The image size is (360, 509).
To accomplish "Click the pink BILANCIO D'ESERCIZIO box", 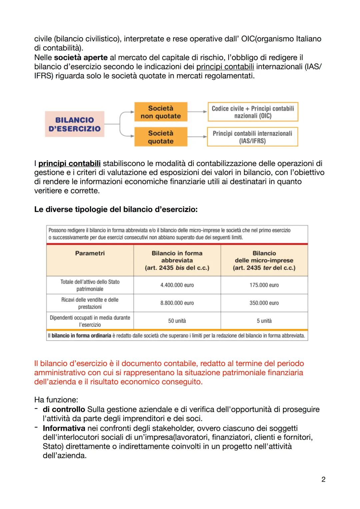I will tap(74, 124).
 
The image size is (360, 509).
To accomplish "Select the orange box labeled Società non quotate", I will tap(161, 112).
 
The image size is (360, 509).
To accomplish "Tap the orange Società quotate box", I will tap(161, 137).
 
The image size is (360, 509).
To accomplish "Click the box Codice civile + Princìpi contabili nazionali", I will tap(253, 112).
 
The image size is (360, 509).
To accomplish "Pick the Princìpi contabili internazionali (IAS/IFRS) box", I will tap(252, 137).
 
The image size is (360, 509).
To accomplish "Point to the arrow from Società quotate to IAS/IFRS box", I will tap(197, 137).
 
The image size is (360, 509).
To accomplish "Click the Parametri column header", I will tap(90, 253).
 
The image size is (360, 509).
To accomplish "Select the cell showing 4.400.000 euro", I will tap(177, 285).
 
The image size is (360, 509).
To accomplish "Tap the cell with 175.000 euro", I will tap(264, 285).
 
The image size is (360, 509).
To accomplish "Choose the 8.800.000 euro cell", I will tap(177, 303).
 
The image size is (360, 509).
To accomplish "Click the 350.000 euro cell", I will tap(264, 303).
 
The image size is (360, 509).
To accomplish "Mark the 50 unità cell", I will tap(177, 321).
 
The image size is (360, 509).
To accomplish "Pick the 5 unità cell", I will tap(264, 321).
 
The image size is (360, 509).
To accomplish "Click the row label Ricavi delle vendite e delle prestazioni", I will tap(90, 303).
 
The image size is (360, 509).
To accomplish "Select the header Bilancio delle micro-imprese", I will tap(264, 260).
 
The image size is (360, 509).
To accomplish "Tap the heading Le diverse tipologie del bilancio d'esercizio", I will tap(116, 210).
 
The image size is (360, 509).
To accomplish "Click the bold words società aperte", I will tap(80, 57).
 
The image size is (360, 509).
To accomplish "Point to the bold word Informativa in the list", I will tap(64, 428).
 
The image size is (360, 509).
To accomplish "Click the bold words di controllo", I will tap(64, 409).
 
